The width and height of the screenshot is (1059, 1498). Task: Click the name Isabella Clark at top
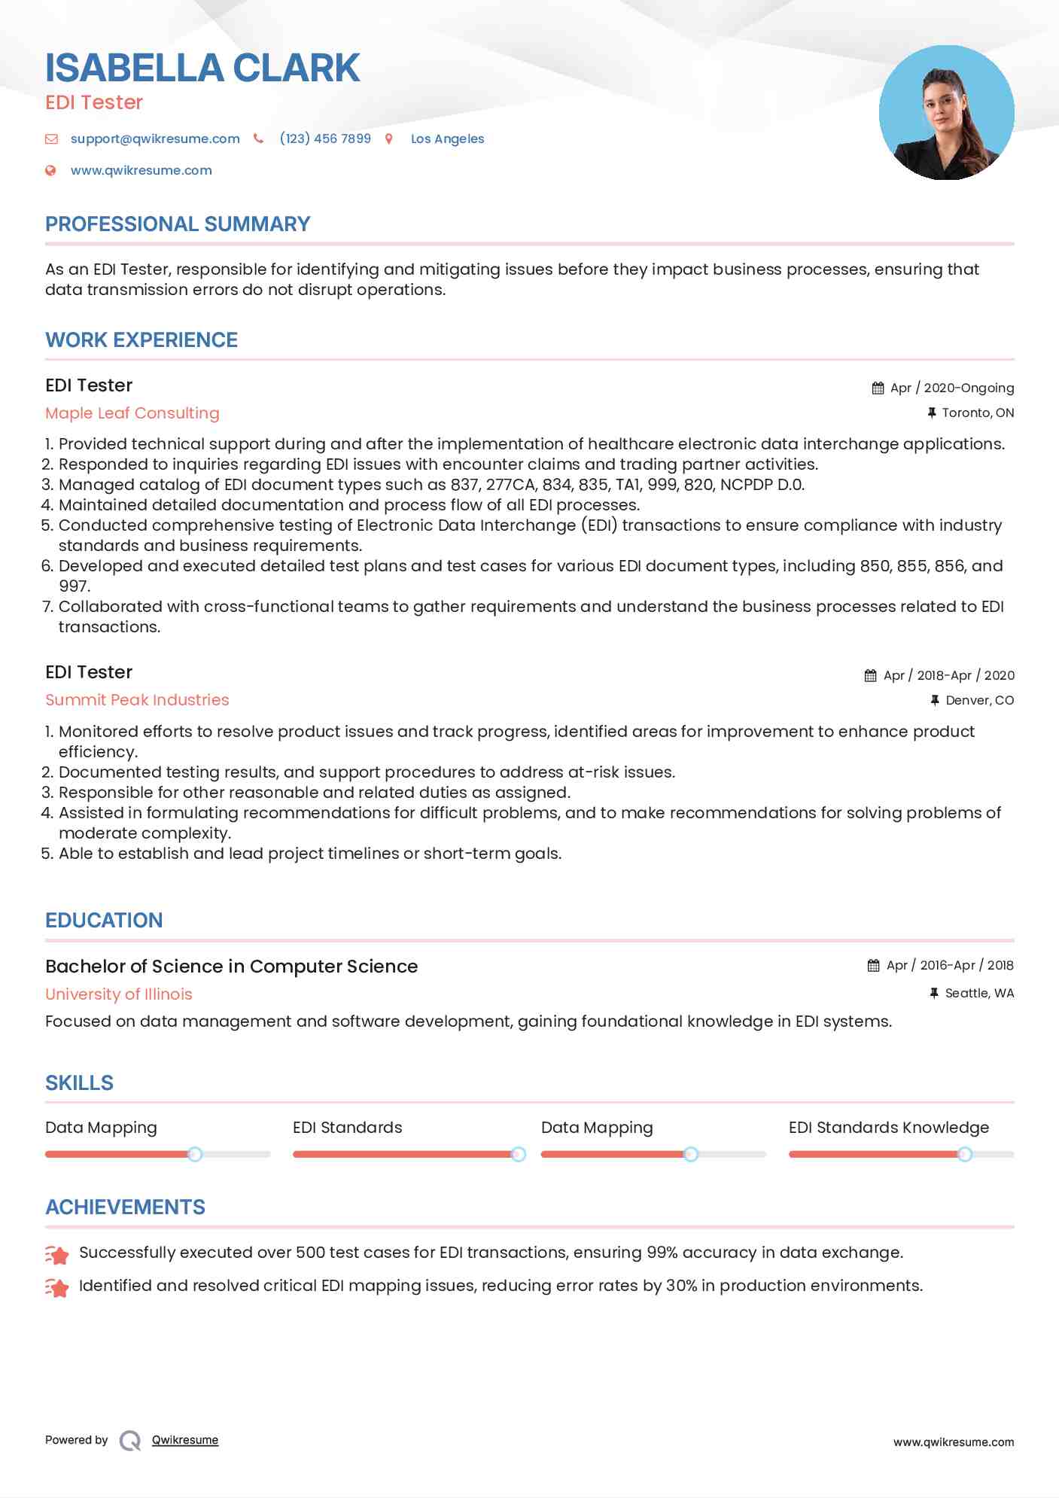[x=202, y=68]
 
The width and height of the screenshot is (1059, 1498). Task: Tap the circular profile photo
[x=946, y=113]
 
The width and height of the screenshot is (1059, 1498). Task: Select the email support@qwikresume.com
[x=155, y=139]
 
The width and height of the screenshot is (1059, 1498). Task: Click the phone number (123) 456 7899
[x=325, y=139]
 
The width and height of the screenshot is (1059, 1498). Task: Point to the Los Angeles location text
[x=447, y=139]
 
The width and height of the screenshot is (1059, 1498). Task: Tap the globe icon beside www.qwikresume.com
[x=50, y=170]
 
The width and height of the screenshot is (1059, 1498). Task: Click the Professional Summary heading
[x=178, y=224]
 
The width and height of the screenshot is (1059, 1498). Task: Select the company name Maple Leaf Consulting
[x=132, y=413]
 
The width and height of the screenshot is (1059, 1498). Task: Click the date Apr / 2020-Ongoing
[x=951, y=388]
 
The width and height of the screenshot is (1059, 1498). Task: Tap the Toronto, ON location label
[x=978, y=413]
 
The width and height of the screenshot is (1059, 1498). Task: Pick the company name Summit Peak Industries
[x=137, y=699]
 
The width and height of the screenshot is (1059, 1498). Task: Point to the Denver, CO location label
[x=979, y=700]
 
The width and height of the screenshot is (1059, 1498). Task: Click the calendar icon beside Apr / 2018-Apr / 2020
[x=871, y=675]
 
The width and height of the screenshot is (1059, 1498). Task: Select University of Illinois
[x=119, y=994]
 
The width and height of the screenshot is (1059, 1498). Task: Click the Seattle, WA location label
[x=979, y=993]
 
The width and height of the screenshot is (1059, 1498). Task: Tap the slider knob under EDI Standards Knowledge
[x=964, y=1154]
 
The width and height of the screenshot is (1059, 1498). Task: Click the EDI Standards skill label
[x=347, y=1127]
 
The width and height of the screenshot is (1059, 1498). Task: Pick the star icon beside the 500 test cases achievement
[x=57, y=1253]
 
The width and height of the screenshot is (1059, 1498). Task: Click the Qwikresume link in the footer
[x=185, y=1440]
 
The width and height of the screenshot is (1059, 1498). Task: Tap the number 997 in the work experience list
[x=74, y=586]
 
